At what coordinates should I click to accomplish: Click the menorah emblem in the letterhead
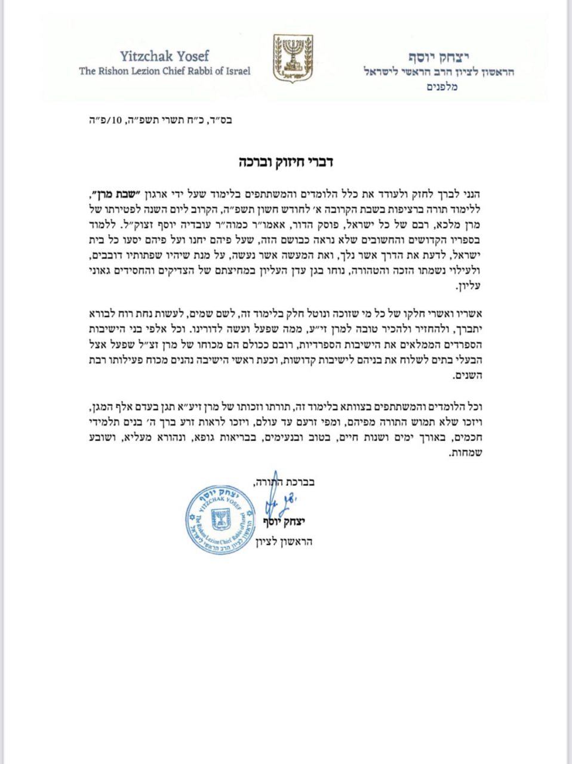[x=293, y=58]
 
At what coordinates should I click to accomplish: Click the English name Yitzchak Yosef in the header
[x=164, y=56]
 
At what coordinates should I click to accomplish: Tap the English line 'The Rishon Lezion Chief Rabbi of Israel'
[x=165, y=71]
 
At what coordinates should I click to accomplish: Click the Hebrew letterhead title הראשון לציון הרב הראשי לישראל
[x=439, y=72]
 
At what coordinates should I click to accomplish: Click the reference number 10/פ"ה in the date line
[x=108, y=120]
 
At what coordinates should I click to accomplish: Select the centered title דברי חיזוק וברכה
[x=286, y=162]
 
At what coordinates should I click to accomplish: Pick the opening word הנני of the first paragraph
[x=469, y=195]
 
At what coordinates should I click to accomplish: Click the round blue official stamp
[x=221, y=519]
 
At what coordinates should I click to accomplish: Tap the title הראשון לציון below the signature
[x=284, y=542]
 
